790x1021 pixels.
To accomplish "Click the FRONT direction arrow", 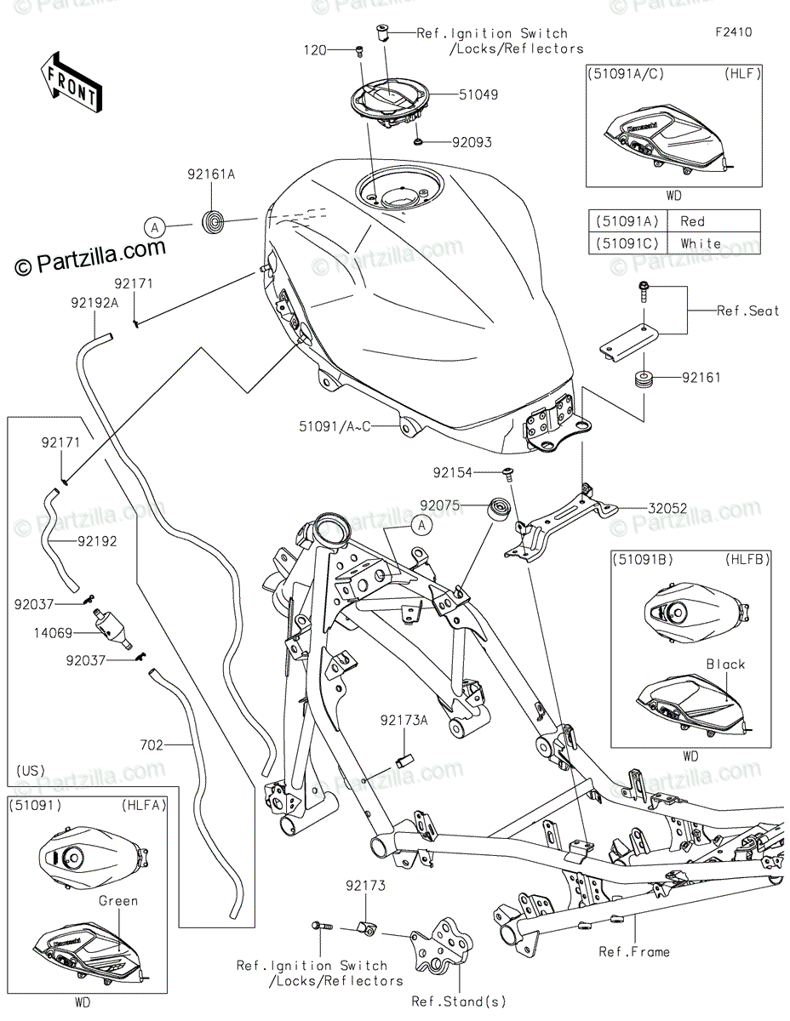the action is [72, 82].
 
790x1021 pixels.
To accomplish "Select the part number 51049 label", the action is [478, 95].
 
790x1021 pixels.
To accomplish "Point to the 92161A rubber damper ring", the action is [211, 222].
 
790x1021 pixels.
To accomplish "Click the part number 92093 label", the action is [472, 142].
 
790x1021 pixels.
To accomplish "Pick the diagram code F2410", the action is [734, 32].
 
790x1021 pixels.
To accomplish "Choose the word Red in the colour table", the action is [692, 221].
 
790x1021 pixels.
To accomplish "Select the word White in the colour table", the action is [701, 243].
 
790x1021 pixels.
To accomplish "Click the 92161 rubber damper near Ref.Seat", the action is [644, 379].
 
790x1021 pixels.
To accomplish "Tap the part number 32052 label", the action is [667, 509].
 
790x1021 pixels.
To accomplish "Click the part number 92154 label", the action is [452, 473].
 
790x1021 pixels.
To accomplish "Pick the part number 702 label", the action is [152, 745].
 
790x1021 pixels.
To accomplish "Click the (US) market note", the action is [31, 771].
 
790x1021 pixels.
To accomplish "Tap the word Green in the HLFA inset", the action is [118, 901].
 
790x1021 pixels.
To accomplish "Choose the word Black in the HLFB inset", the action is [725, 665].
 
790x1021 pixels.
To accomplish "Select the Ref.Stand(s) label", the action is [459, 1001].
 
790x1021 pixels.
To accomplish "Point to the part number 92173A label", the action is [404, 721].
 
